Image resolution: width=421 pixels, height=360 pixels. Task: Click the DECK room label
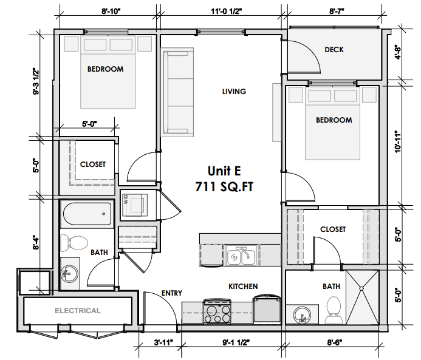(334, 50)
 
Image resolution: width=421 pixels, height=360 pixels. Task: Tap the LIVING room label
(234, 92)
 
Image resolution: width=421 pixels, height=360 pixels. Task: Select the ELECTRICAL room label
(78, 311)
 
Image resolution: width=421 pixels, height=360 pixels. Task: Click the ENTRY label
(172, 293)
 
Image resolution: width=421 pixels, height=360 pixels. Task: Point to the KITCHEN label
(243, 286)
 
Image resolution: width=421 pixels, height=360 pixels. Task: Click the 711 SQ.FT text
(224, 187)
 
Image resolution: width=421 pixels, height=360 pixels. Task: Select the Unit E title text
(225, 171)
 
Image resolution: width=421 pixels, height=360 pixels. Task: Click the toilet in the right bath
(333, 310)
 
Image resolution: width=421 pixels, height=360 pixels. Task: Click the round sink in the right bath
(301, 315)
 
